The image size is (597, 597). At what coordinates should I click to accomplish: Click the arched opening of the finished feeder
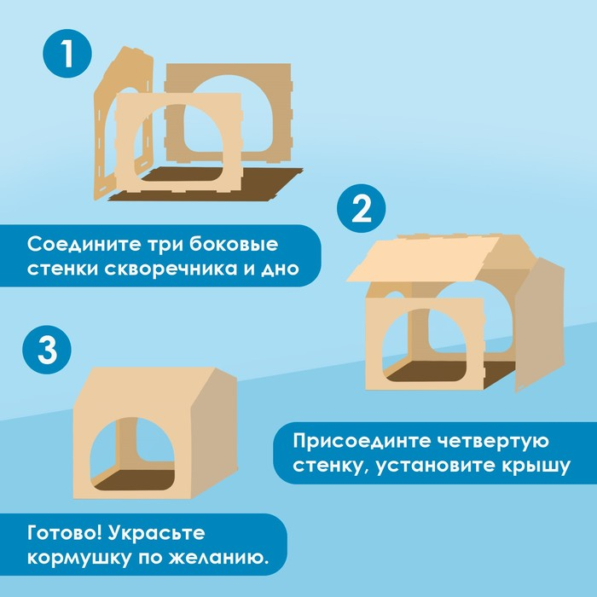tap(136, 452)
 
